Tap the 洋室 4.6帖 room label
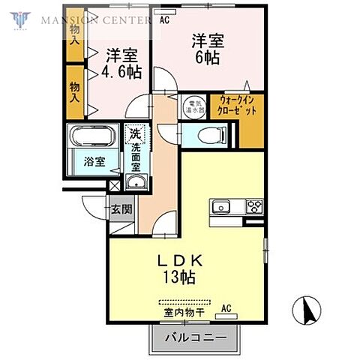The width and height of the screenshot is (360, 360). [121, 63]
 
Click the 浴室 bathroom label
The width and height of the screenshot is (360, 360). [94, 160]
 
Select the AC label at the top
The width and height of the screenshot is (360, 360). [164, 20]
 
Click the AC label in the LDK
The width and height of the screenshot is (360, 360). [226, 308]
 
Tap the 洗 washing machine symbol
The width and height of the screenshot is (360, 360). [135, 135]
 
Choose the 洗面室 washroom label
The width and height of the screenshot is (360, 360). [136, 160]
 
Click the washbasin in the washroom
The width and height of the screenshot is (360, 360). [135, 184]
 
